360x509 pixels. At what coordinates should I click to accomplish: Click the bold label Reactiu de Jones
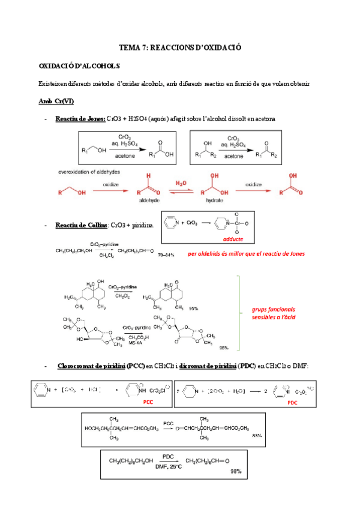click(80, 119)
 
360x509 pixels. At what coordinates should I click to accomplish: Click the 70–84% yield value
click(166, 255)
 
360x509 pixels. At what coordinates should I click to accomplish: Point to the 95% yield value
click(193, 308)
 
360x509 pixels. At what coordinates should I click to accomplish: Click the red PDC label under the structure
click(292, 403)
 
